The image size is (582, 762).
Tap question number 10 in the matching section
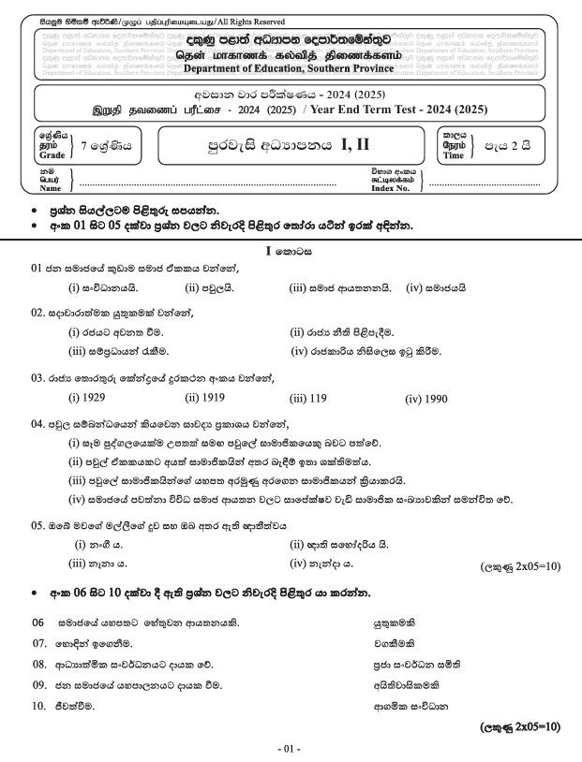pyautogui.click(x=38, y=706)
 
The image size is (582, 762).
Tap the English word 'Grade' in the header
pyautogui.click(x=46, y=155)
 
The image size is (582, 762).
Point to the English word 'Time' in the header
pyautogui.click(x=454, y=155)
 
